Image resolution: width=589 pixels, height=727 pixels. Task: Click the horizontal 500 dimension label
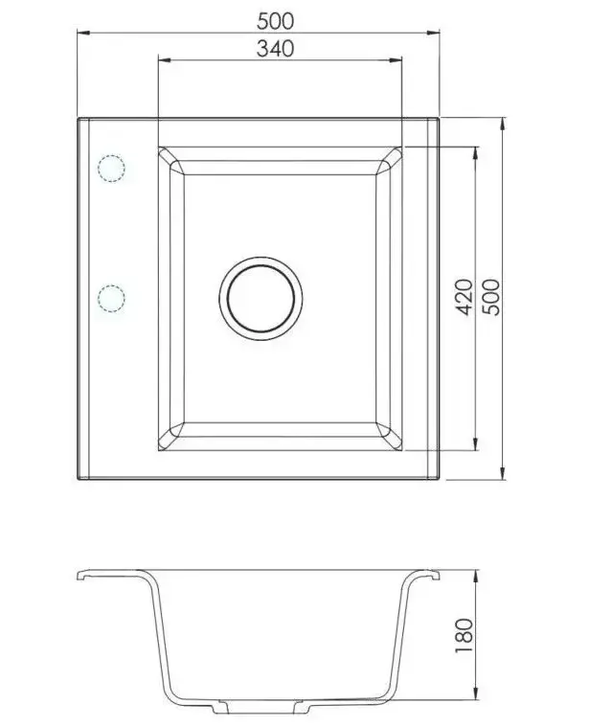pyautogui.click(x=275, y=21)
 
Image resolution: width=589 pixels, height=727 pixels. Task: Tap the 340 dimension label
pyautogui.click(x=275, y=49)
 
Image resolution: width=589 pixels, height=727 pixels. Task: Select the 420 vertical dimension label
pyautogui.click(x=464, y=297)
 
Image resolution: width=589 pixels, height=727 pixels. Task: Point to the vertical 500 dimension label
pyautogui.click(x=491, y=297)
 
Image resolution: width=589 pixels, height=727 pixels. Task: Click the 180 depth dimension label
pyautogui.click(x=464, y=636)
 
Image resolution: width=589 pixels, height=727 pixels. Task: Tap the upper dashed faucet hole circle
pyautogui.click(x=111, y=168)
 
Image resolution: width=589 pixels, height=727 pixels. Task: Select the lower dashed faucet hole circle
pyautogui.click(x=111, y=298)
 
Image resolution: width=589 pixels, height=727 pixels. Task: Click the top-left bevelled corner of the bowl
pyautogui.click(x=171, y=161)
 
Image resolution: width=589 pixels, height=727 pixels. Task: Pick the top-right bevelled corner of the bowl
pyautogui.click(x=389, y=161)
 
